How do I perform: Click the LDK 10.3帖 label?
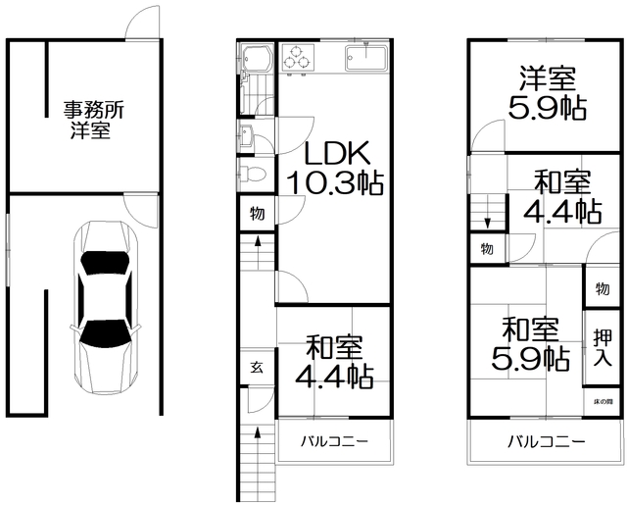[x=334, y=168]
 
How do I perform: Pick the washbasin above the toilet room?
[x=245, y=137]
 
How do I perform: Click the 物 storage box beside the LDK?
[x=256, y=213]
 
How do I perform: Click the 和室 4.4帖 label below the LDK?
[x=334, y=360]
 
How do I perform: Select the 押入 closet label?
[x=604, y=348]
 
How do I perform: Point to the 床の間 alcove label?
[x=603, y=402]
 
